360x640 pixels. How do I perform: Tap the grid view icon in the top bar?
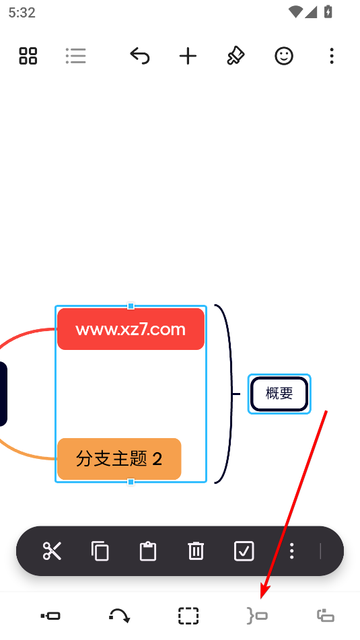[x=28, y=56]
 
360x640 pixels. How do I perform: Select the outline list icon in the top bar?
[x=76, y=56]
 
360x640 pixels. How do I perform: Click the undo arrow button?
[x=140, y=56]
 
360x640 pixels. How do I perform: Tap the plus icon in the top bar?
[x=188, y=56]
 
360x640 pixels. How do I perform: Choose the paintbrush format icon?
[x=236, y=56]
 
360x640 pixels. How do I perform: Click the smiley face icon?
[x=284, y=56]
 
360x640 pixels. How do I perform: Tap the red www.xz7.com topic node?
[x=131, y=329]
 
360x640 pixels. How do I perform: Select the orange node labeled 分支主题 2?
[x=119, y=459]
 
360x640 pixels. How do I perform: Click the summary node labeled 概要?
[x=279, y=394]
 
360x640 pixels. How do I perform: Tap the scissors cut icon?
[x=52, y=551]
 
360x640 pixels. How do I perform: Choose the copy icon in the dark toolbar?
[x=100, y=551]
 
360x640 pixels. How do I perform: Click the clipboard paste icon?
[x=148, y=551]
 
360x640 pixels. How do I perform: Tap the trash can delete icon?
[x=196, y=551]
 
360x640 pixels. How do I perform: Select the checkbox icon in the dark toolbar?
[x=244, y=551]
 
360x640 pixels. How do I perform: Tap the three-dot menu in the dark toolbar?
[x=291, y=551]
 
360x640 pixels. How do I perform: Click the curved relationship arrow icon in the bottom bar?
[x=119, y=616]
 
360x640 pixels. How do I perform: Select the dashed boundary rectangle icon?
[x=188, y=616]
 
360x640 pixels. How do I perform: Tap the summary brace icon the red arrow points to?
[x=257, y=616]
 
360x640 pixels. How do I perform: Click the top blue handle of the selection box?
[x=131, y=306]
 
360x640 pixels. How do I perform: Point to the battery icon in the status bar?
[x=328, y=12]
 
